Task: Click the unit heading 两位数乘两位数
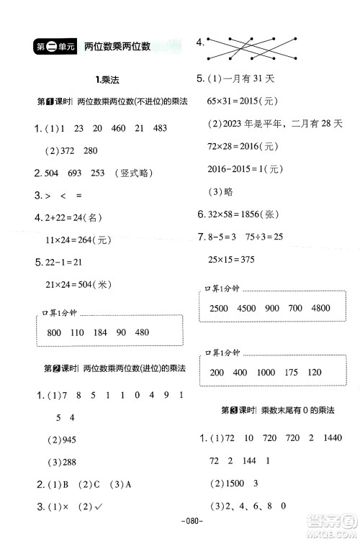coord(116,47)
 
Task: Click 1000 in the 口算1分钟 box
coord(265,373)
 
